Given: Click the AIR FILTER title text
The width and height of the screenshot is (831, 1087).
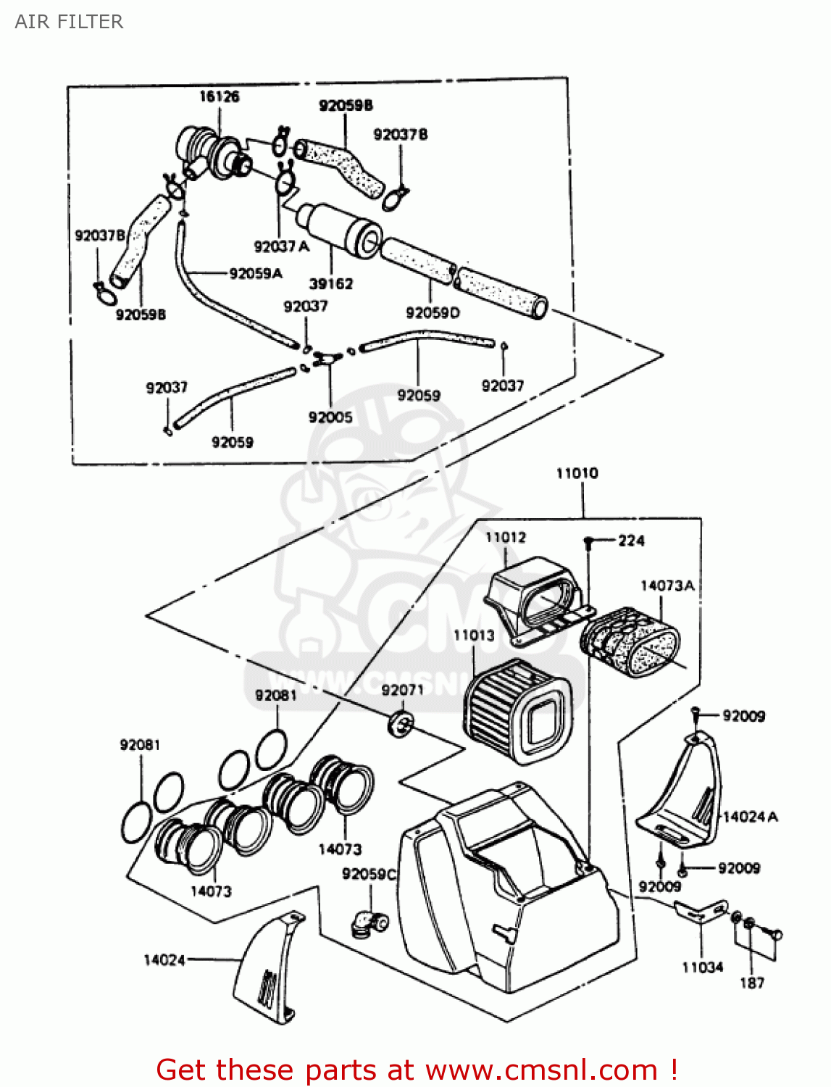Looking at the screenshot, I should pos(69,22).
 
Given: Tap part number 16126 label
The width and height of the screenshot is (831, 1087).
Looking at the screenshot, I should pos(219,96).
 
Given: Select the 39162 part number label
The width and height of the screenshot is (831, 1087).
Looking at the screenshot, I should pos(331,283).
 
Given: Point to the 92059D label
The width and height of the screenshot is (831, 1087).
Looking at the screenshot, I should pos(433,312).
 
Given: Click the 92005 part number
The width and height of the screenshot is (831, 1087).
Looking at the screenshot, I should pos(330,417).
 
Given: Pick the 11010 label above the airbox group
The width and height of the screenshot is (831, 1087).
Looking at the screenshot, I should pos(577,473).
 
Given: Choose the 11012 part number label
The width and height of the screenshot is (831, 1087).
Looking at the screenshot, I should pos(505,537).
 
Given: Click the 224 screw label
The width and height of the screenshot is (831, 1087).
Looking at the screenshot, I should pos(631,540).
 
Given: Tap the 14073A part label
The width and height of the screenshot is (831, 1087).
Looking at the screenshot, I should pos(667,585).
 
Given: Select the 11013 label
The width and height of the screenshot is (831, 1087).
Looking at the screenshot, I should pos(474,635).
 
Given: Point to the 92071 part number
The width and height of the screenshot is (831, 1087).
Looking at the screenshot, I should pos(402,689).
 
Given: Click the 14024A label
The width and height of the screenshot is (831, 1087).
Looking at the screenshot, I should pos(751,817).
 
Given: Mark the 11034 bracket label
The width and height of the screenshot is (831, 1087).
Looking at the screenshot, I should pos(702,967).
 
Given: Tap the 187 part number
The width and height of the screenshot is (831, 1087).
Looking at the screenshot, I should pos(751,983).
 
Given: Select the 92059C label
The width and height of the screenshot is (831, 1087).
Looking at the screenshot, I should pos(369,874).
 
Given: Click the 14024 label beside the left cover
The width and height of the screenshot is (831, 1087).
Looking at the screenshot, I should pos(164,959).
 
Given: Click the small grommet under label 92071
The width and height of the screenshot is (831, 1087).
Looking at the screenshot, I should pos(401,723).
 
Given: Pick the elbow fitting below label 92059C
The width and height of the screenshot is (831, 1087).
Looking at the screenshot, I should pos(368,923).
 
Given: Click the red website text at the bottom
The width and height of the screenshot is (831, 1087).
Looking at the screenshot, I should pos(417,1070).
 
